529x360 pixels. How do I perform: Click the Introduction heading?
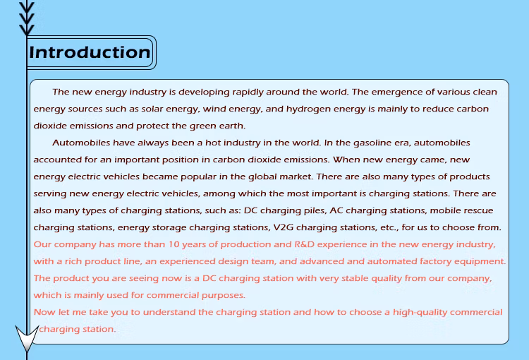[x=90, y=52]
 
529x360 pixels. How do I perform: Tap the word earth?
[x=229, y=126]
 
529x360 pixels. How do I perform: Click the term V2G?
[x=282, y=227]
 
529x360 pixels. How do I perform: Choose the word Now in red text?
[x=44, y=312]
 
